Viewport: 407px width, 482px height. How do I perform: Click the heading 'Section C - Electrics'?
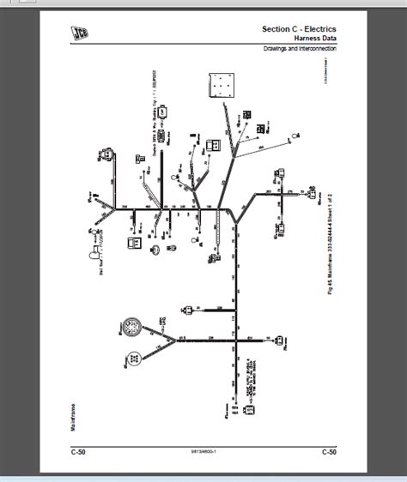click(x=299, y=29)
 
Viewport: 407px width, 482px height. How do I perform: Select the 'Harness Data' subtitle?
click(x=313, y=39)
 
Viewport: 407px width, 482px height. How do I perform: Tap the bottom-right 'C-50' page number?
click(x=329, y=451)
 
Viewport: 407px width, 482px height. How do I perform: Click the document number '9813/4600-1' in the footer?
click(x=203, y=452)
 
